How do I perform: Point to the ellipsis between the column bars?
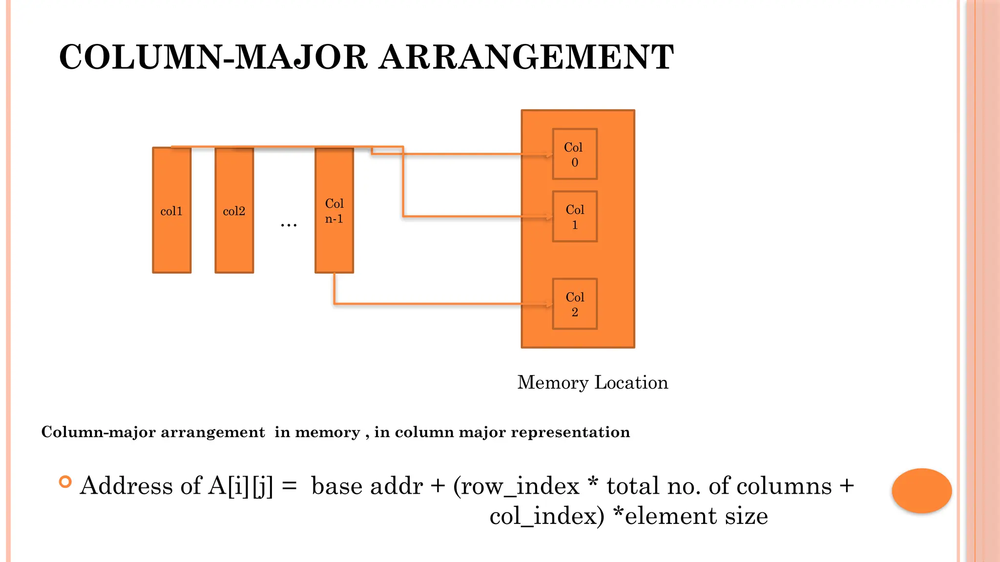[x=289, y=225]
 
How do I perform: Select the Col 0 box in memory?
[x=574, y=154]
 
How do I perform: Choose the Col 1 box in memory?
[x=574, y=217]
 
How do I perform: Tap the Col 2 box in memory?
[x=574, y=304]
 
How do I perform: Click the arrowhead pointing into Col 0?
[x=549, y=155]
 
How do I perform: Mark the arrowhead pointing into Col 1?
[x=549, y=217]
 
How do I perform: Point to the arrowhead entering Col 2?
[x=549, y=305]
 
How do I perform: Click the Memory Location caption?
[x=592, y=382]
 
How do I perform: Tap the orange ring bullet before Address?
[x=65, y=482]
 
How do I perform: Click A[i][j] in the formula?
[x=240, y=486]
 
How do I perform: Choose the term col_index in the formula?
[x=542, y=516]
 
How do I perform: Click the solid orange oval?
[x=921, y=490]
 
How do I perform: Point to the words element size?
[x=696, y=516]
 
